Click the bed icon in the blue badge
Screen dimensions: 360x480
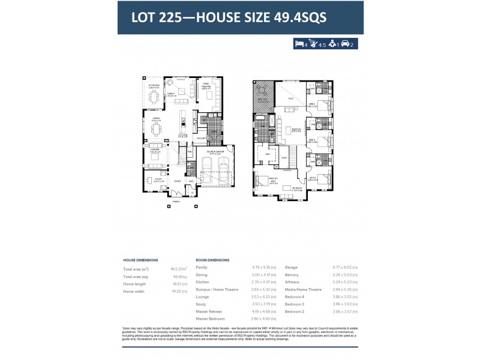299,43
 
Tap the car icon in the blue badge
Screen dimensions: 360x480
345,43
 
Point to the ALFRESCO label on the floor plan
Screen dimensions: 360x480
154,86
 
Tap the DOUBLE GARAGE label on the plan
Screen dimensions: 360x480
215,152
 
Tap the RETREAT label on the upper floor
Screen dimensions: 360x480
297,188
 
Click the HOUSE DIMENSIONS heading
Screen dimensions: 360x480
140,260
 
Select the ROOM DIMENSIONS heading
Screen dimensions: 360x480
212,260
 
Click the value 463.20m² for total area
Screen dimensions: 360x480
178,269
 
